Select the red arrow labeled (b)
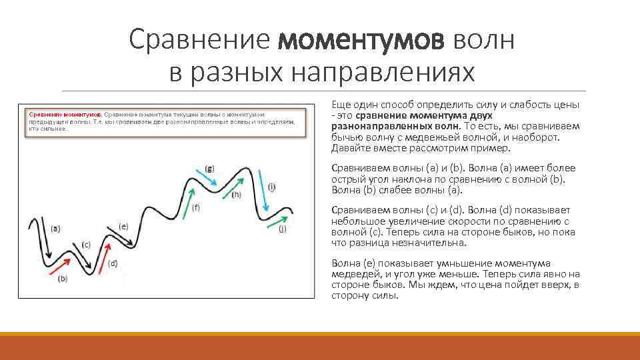60,267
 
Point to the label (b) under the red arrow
63,279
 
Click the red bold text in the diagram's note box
64,115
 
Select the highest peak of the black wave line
248,168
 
